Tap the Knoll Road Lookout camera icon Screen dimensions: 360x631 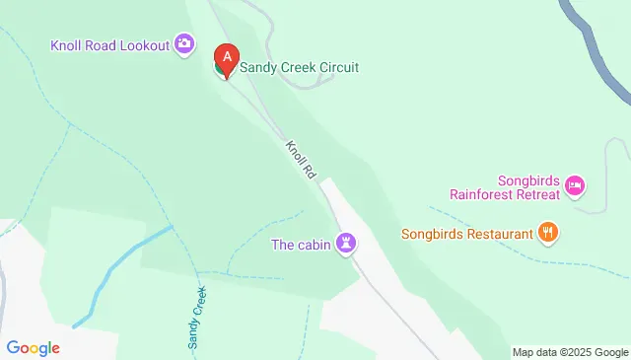coord(184,43)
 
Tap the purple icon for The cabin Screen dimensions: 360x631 coord(346,243)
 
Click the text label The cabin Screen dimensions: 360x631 coord(302,243)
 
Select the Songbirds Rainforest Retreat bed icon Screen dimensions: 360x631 coord(576,184)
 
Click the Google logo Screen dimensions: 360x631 coord(33,347)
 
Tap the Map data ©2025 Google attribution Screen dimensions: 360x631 coord(570,352)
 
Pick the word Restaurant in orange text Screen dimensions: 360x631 coord(498,234)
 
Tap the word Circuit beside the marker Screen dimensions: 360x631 coord(335,68)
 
